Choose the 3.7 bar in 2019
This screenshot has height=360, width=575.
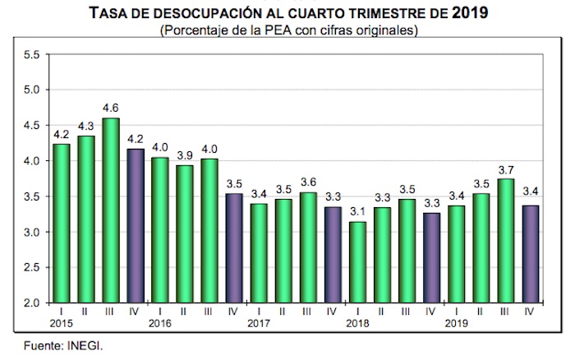(507, 240)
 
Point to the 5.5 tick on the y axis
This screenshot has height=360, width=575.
(32, 54)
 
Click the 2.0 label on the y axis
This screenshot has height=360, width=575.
(32, 303)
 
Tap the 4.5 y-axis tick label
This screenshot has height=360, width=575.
(32, 126)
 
